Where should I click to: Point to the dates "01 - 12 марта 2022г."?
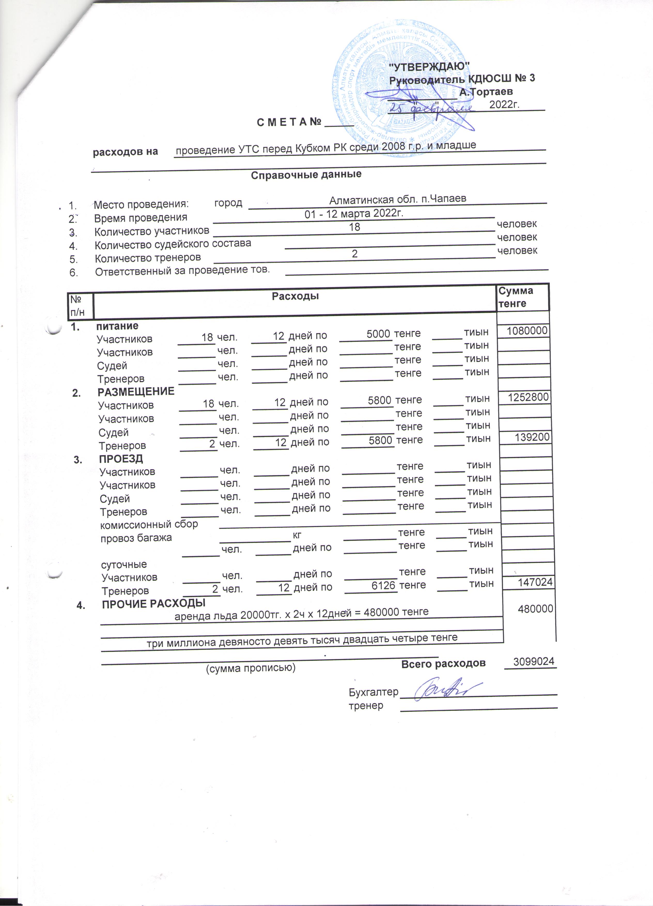coord(354,213)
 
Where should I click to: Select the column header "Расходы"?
coord(295,296)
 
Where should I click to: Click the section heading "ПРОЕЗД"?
coord(121,459)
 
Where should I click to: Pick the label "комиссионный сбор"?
coord(149,524)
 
